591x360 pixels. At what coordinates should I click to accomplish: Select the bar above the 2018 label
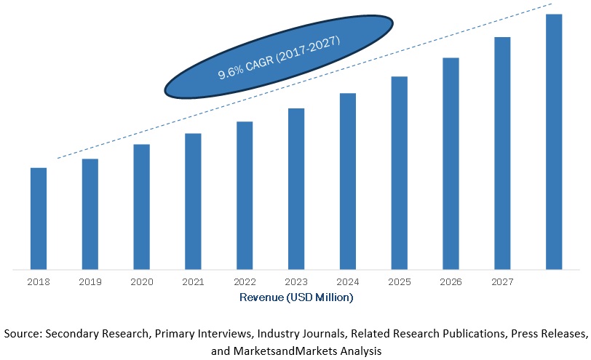coord(39,218)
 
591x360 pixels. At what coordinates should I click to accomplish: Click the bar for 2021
coord(193,201)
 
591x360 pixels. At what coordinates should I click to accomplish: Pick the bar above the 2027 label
coord(502,153)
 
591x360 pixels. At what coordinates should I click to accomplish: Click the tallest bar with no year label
coord(554,141)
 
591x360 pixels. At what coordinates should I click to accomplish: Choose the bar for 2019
coord(90,214)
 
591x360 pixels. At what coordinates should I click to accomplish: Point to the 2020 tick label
coord(141,281)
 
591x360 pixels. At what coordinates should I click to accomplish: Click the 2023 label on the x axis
coord(295,281)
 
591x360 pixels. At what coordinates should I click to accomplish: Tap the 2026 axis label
coord(451,281)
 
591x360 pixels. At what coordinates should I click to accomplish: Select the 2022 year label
coord(245,281)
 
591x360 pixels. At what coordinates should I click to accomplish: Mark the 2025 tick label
coord(399,281)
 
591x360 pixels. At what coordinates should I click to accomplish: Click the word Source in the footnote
coord(22,334)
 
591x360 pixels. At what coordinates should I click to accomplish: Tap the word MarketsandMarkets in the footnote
coord(287,351)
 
